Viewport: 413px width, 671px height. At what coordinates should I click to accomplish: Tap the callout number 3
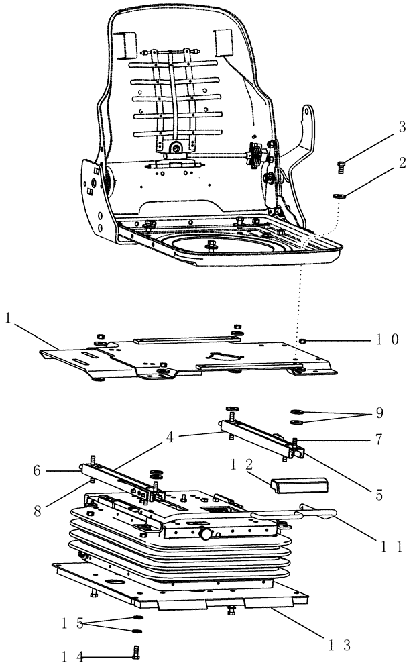[x=402, y=126]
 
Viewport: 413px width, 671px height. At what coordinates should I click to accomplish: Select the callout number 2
[x=402, y=162]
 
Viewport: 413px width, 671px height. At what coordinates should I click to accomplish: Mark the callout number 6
[x=39, y=472]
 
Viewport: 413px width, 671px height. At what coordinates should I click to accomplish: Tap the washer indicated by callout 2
[x=339, y=196]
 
